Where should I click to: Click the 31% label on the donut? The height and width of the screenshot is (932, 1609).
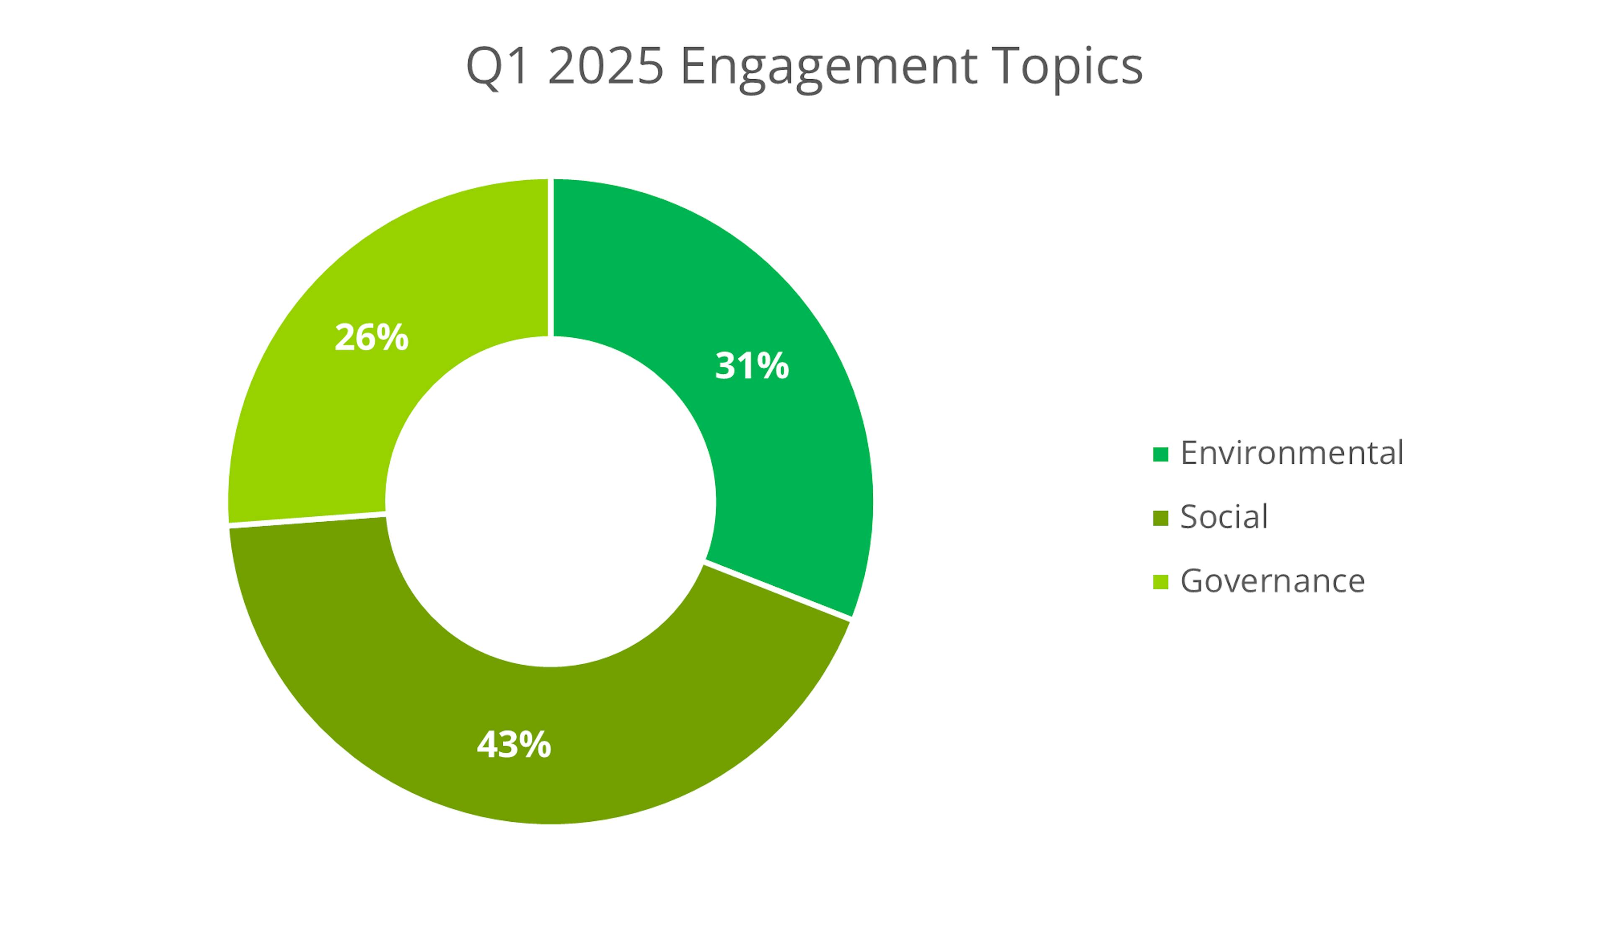(x=752, y=366)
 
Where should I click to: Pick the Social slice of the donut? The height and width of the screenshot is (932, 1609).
(x=574, y=753)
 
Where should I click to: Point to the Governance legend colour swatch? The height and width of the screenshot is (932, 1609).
(x=1160, y=582)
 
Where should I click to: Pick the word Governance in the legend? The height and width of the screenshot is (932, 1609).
(x=1273, y=581)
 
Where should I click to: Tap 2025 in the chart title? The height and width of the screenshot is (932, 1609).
(x=605, y=66)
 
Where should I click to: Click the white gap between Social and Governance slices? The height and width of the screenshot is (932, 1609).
(x=307, y=519)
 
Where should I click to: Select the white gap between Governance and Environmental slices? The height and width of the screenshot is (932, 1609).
(x=551, y=257)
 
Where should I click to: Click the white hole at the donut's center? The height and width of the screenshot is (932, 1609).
(x=551, y=502)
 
